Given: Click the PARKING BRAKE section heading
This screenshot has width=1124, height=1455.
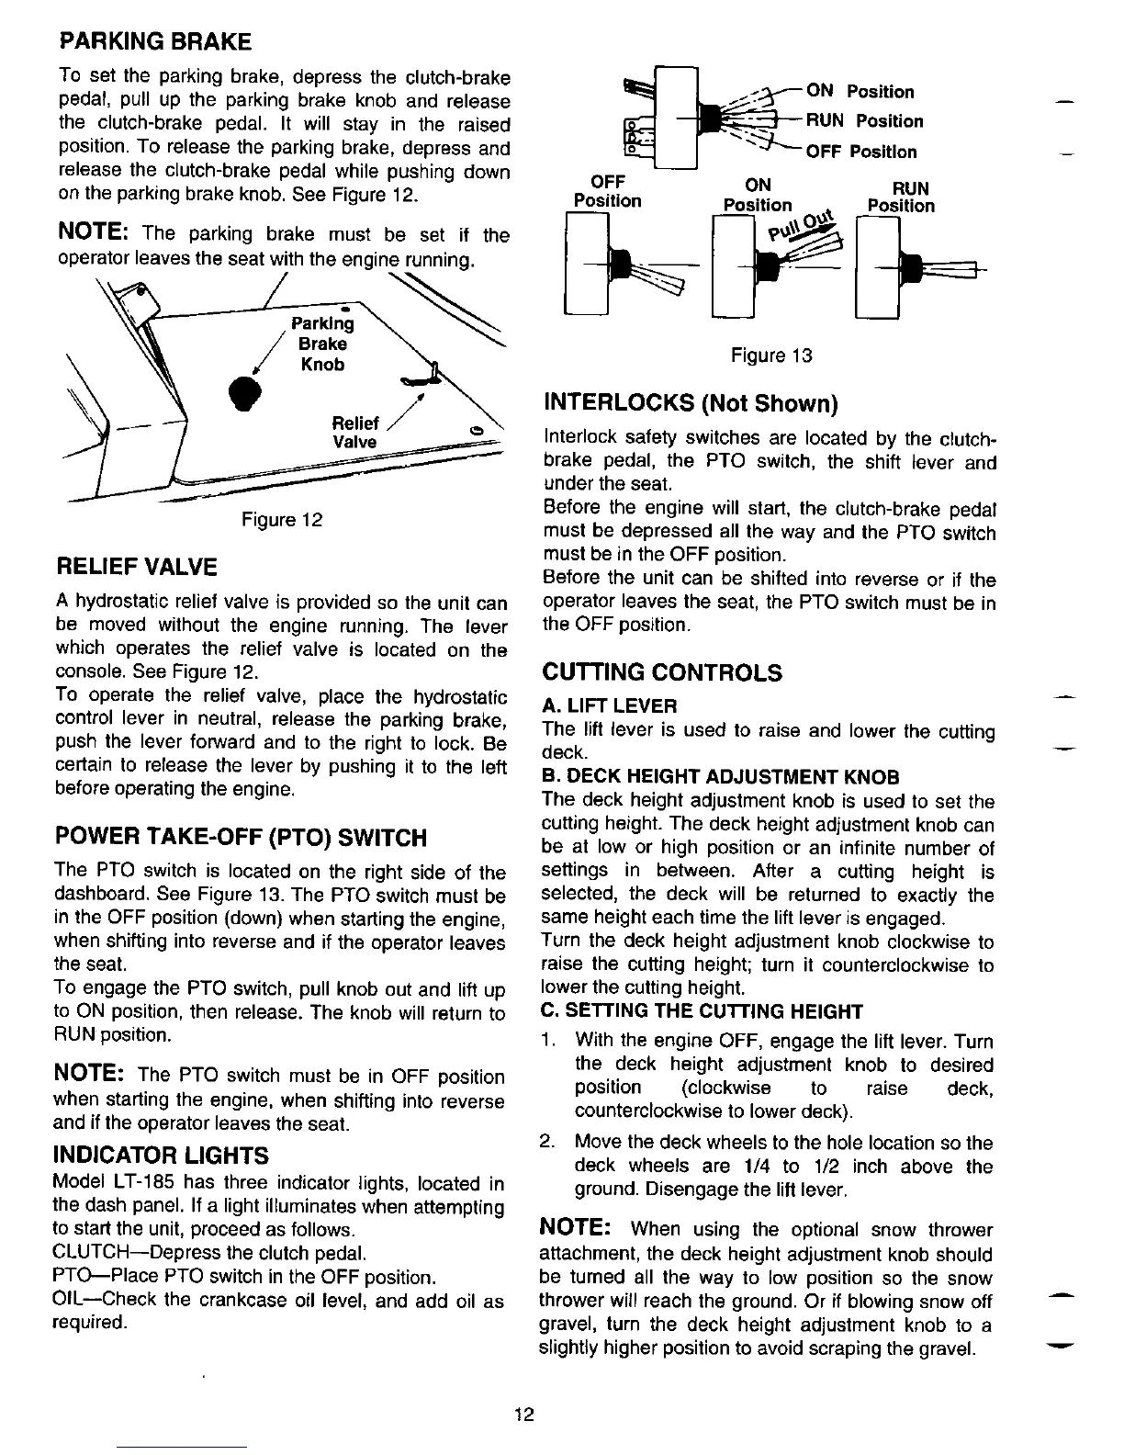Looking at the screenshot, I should tap(154, 41).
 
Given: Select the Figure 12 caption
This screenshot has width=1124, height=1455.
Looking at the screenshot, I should tap(282, 521).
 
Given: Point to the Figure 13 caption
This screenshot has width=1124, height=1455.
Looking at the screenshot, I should tap(771, 355).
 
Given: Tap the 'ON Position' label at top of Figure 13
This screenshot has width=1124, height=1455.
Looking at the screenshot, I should tap(860, 92).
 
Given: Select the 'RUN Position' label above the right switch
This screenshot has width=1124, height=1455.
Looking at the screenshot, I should tap(900, 197).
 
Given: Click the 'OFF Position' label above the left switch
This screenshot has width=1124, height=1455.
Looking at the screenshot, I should tap(607, 191).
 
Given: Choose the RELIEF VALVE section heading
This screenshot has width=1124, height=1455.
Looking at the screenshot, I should tap(137, 566).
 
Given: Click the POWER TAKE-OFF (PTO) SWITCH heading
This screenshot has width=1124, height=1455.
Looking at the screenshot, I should tap(242, 838).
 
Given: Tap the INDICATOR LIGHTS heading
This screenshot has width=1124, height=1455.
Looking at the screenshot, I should tap(162, 1155).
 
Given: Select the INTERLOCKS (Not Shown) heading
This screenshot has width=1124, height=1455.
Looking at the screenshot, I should tap(691, 403).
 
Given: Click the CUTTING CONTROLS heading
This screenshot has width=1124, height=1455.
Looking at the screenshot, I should tap(662, 673).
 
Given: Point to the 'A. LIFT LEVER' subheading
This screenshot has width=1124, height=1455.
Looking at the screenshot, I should tap(610, 705).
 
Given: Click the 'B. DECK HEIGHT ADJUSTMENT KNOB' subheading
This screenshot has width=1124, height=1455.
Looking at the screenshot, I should tap(721, 777).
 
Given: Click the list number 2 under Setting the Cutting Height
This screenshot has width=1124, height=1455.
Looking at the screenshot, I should tap(547, 1143).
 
